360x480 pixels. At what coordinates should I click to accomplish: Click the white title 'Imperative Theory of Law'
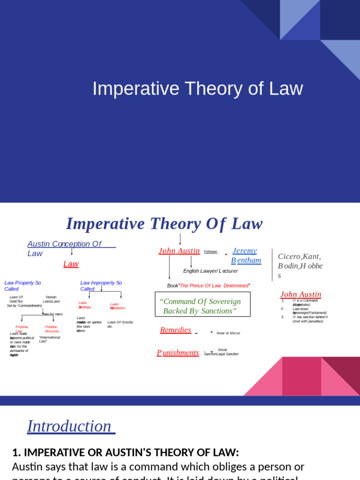(x=197, y=89)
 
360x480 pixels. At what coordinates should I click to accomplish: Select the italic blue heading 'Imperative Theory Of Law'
(x=164, y=224)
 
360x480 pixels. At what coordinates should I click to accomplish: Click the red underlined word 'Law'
(x=71, y=264)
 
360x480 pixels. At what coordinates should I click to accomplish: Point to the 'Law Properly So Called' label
(x=22, y=285)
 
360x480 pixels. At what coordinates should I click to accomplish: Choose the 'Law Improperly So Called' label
(x=101, y=285)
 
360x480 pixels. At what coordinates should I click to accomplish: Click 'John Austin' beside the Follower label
(x=179, y=251)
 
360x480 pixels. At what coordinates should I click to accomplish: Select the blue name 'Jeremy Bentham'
(x=246, y=255)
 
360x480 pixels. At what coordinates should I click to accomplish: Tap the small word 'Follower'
(x=210, y=252)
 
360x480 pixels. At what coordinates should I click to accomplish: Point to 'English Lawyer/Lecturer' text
(x=210, y=271)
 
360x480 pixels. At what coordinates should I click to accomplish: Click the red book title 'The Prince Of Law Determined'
(x=214, y=285)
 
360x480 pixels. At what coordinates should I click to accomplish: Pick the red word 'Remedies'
(x=175, y=330)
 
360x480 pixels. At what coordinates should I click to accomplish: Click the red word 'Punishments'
(x=178, y=352)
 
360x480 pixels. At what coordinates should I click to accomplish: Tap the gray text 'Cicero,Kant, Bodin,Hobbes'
(x=300, y=266)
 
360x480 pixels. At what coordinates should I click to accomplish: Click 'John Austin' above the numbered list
(x=300, y=294)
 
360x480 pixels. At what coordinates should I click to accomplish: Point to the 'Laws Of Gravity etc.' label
(x=120, y=324)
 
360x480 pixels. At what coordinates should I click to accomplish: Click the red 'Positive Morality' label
(x=52, y=329)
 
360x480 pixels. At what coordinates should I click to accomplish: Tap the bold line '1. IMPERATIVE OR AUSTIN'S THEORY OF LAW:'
(x=126, y=452)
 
